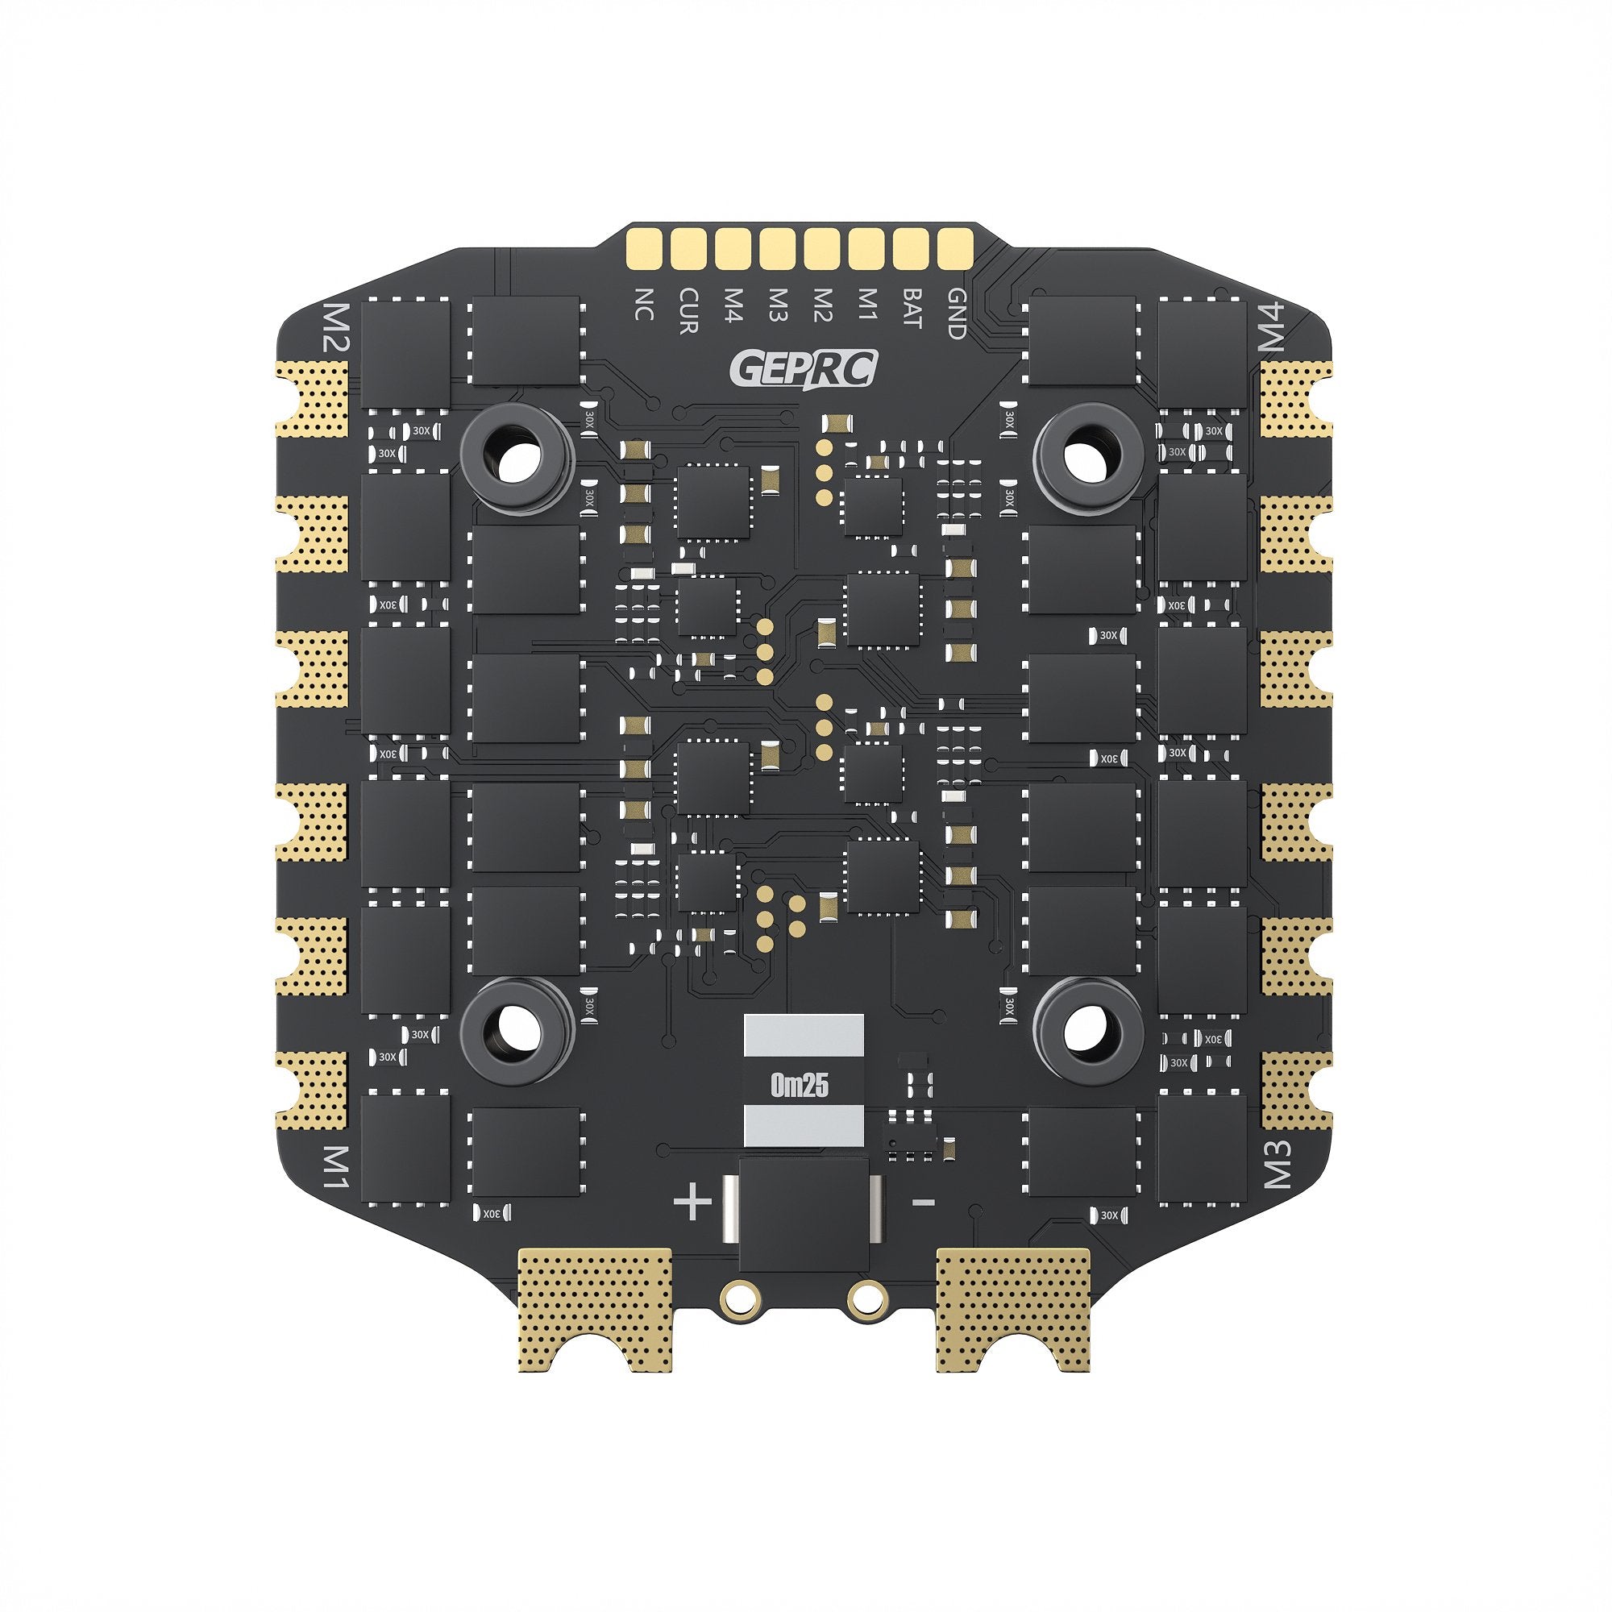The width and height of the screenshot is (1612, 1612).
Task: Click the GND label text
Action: point(956,314)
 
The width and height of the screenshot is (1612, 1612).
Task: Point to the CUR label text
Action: point(688,311)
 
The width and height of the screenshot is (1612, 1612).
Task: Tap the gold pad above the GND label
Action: point(956,247)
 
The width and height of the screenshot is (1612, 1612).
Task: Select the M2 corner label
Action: point(338,328)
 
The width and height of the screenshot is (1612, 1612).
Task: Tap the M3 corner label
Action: point(1275,1163)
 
